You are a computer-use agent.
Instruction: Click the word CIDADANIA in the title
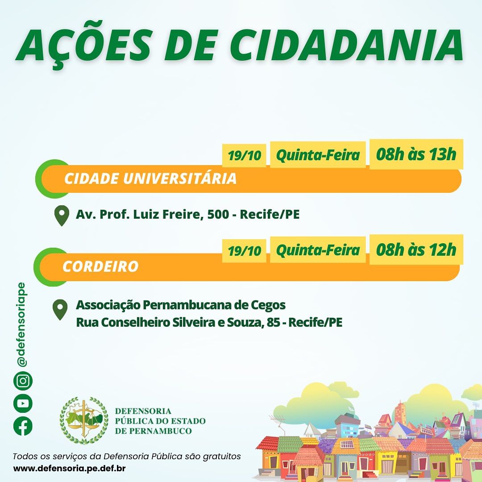[346, 45]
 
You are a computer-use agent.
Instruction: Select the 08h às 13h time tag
[416, 154]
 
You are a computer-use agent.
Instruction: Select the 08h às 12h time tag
[416, 249]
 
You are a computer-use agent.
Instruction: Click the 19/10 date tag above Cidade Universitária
[244, 156]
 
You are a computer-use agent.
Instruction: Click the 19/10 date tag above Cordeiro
[244, 251]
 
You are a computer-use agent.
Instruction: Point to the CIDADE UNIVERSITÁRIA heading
[150, 179]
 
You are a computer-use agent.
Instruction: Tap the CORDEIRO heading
[100, 266]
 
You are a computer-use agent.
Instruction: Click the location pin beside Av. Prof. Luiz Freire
[62, 216]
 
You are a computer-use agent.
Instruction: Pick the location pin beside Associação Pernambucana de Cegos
[60, 310]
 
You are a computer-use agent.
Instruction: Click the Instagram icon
[23, 381]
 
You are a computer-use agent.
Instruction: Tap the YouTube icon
[23, 403]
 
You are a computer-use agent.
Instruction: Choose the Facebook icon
[23, 426]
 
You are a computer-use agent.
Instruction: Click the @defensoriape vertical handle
[21, 324]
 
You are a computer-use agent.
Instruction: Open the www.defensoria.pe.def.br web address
[69, 469]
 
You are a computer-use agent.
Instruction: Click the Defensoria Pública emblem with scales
[84, 420]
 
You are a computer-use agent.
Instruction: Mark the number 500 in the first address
[218, 214]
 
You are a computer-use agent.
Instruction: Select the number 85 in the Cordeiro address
[273, 323]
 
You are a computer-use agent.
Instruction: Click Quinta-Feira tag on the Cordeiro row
[318, 250]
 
